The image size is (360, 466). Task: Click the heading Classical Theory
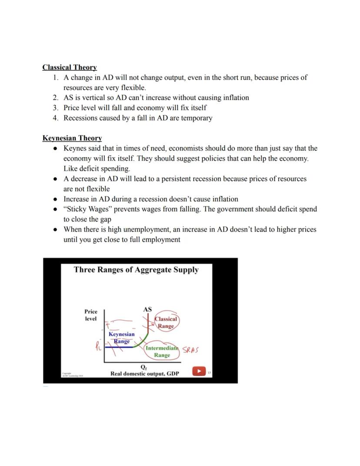coord(70,67)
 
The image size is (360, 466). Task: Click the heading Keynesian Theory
coord(72,138)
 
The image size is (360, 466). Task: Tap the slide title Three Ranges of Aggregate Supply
coord(136,270)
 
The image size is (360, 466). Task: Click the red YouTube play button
coord(199,372)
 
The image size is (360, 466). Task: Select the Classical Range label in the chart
coord(166,322)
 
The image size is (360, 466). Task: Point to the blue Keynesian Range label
coord(121,338)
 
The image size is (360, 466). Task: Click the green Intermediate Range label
coord(162,352)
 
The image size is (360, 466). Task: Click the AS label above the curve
coord(147,310)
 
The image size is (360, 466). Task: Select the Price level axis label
coord(91,315)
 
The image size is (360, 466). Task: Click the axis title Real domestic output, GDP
coord(144,374)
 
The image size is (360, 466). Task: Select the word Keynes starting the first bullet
coord(76,148)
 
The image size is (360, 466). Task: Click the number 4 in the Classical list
coord(55,118)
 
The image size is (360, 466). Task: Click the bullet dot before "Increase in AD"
coord(55,199)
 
